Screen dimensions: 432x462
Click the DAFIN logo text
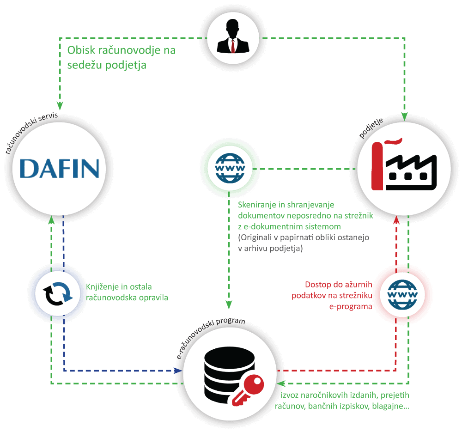[x=60, y=169]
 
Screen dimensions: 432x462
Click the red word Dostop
[x=318, y=285]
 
